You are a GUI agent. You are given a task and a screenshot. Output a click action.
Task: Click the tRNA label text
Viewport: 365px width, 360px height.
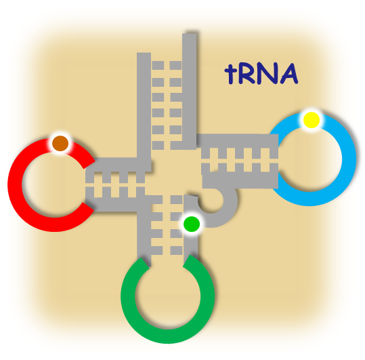click(x=261, y=73)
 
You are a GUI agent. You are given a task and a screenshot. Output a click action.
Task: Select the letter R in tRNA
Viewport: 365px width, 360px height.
click(x=247, y=73)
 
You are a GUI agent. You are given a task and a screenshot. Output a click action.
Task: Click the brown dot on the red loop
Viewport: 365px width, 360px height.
click(x=60, y=143)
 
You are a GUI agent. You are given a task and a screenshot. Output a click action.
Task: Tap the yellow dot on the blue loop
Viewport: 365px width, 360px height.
click(x=312, y=120)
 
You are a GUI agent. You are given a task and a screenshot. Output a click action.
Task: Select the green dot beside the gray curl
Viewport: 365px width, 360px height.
click(x=192, y=224)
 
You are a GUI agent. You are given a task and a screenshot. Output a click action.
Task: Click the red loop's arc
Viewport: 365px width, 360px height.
click(x=14, y=184)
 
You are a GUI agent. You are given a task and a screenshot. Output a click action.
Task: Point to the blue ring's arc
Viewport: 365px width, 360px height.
click(x=349, y=159)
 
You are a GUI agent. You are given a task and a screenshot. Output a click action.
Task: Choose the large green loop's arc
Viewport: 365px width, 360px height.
click(x=168, y=337)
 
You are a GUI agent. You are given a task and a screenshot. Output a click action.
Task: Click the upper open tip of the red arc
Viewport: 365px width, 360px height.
click(x=89, y=164)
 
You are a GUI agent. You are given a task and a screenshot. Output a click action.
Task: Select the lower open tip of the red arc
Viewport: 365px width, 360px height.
click(x=89, y=207)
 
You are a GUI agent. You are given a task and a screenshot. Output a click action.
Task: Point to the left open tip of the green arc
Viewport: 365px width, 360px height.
click(x=144, y=263)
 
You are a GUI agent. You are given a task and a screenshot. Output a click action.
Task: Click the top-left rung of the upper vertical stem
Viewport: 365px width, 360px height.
click(x=158, y=65)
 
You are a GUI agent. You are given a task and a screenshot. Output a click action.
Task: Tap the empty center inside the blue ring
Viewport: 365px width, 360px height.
click(x=309, y=159)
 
